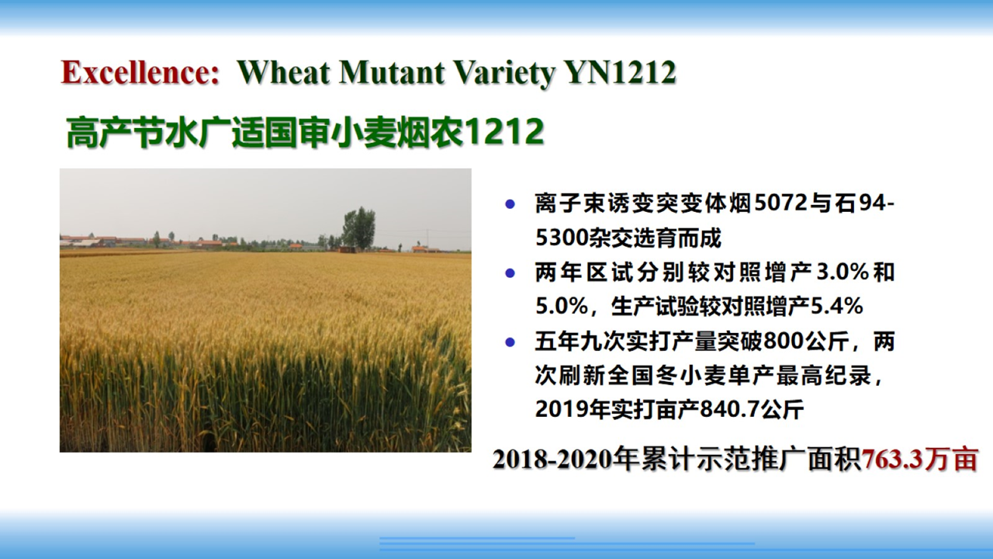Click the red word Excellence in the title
click(x=140, y=72)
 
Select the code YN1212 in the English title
click(x=620, y=72)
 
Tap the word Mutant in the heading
click(x=393, y=72)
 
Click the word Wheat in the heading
click(x=284, y=72)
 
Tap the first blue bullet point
click(x=510, y=204)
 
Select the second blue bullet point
click(x=510, y=273)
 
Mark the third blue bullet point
click(x=510, y=342)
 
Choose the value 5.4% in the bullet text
click(x=837, y=307)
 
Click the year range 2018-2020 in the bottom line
click(x=552, y=459)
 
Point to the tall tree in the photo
click(x=359, y=228)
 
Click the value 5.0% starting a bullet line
click(x=562, y=307)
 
